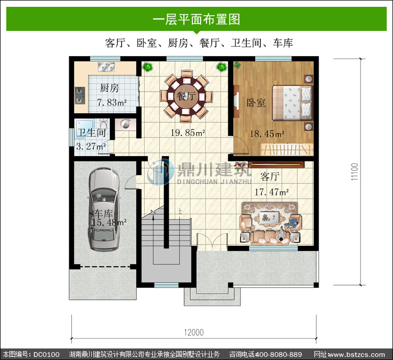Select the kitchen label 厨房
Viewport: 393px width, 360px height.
click(x=110, y=88)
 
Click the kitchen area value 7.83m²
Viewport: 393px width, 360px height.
click(x=112, y=102)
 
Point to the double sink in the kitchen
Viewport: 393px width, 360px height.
click(x=106, y=67)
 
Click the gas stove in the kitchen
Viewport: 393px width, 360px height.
click(x=80, y=95)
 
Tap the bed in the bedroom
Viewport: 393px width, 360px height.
click(x=292, y=103)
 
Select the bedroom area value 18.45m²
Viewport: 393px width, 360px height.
click(x=267, y=134)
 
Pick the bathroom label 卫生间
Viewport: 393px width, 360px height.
click(x=91, y=133)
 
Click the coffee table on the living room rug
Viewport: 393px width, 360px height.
click(x=269, y=216)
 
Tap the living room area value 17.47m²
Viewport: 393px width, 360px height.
click(x=271, y=192)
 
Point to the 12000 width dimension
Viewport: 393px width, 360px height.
click(x=194, y=332)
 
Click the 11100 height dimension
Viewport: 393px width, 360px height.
click(x=354, y=172)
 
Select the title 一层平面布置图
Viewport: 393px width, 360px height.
click(x=196, y=19)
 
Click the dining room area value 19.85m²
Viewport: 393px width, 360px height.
click(x=188, y=133)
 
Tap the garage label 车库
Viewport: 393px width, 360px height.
click(x=104, y=214)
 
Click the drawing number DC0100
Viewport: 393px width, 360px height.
click(x=46, y=354)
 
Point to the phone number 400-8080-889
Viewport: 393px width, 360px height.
click(x=278, y=354)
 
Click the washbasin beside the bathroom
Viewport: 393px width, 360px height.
click(x=125, y=124)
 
